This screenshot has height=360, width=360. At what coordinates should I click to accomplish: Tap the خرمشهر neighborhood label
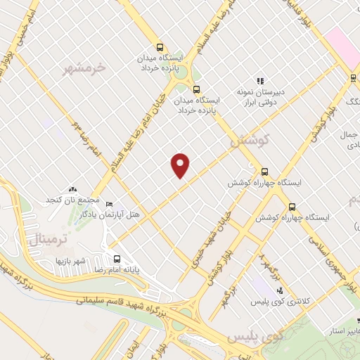pyautogui.click(x=84, y=68)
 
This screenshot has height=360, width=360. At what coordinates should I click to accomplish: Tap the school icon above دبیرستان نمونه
pyautogui.click(x=260, y=81)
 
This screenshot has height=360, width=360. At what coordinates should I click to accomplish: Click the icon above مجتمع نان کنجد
pyautogui.click(x=73, y=189)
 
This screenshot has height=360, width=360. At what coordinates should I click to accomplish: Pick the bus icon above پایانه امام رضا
pyautogui.click(x=117, y=258)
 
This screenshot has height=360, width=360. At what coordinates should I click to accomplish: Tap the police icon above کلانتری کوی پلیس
pyautogui.click(x=280, y=290)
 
